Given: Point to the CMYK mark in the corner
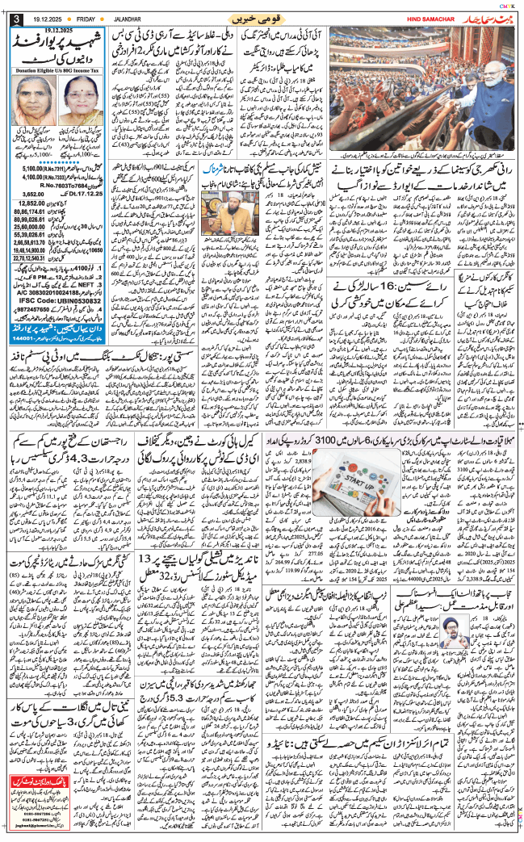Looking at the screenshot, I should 509,4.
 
